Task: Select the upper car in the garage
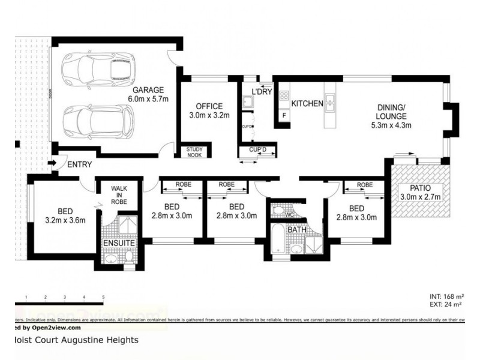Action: pyautogui.click(x=100, y=68)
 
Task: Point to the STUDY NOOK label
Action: pyautogui.click(x=194, y=152)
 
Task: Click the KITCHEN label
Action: pyautogui.click(x=307, y=104)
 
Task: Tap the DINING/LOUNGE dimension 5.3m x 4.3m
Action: pyautogui.click(x=389, y=125)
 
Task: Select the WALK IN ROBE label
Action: pyautogui.click(x=119, y=195)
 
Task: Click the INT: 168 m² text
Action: pyautogui.click(x=447, y=296)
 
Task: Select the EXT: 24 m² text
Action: pyautogui.click(x=447, y=305)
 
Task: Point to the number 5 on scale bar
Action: pyautogui.click(x=104, y=298)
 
